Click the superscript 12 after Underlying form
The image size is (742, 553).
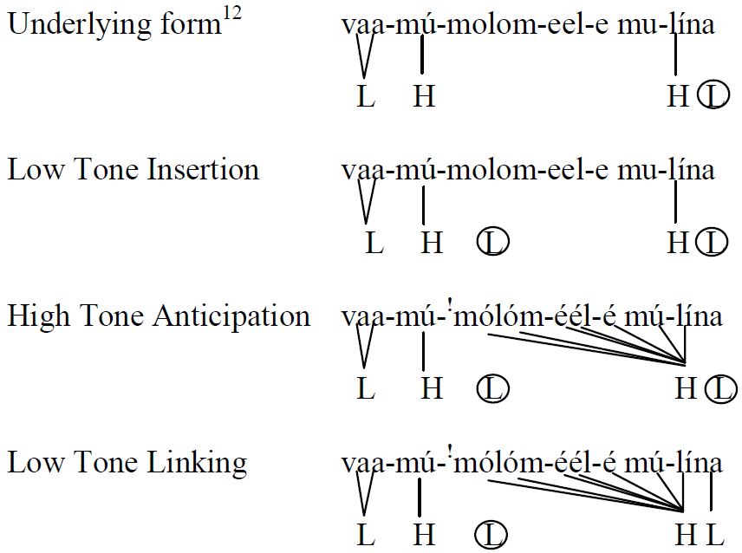click(231, 14)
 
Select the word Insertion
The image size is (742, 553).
click(203, 169)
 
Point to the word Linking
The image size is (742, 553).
click(197, 464)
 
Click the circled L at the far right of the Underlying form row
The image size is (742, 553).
click(714, 94)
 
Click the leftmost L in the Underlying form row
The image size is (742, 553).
click(366, 96)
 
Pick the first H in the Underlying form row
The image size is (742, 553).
click(424, 96)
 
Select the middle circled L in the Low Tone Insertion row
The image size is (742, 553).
click(492, 242)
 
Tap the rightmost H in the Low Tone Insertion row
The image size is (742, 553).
click(678, 242)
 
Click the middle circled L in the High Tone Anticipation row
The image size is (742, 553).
click(492, 388)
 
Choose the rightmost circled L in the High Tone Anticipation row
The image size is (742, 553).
click(720, 389)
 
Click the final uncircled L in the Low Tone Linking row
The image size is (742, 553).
click(715, 535)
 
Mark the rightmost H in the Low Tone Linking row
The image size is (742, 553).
click(685, 535)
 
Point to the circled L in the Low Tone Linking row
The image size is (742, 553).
click(491, 535)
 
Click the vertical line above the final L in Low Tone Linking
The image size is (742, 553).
click(712, 491)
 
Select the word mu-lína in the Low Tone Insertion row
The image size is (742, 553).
click(666, 169)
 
